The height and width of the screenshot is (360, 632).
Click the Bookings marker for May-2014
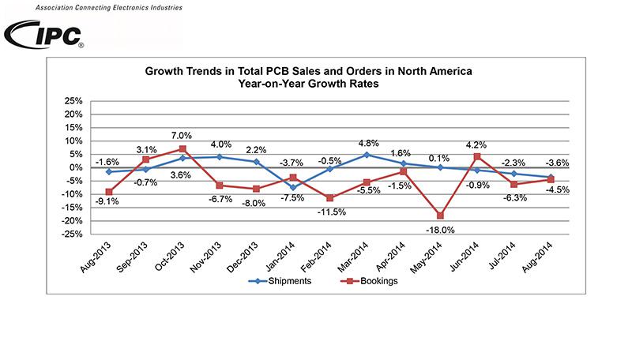coord(439,216)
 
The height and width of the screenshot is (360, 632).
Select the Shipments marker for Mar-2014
coord(366,155)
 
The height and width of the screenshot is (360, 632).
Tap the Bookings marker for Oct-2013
coord(182,148)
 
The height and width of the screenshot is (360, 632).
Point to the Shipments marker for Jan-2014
coord(292,187)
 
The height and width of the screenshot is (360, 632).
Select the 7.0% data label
coord(182,135)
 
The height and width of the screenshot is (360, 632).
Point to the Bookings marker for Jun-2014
coord(476,156)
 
